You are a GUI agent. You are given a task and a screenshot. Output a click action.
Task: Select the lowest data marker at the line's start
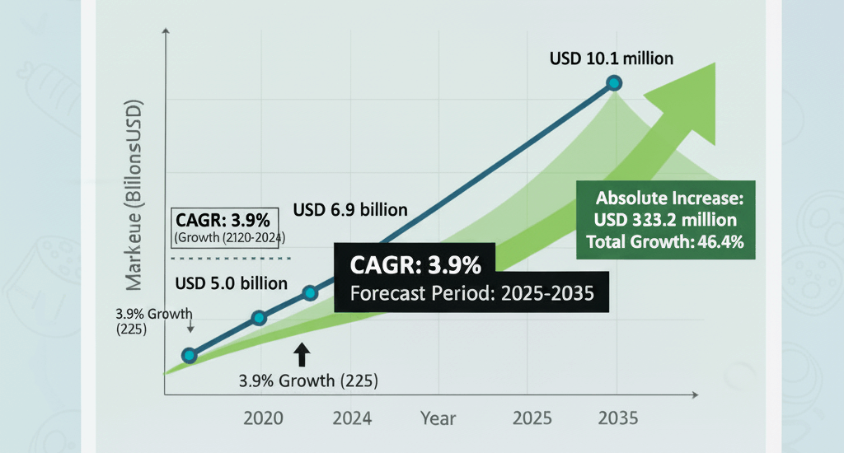pyautogui.click(x=190, y=355)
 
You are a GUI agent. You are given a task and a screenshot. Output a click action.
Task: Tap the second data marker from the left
pyautogui.click(x=259, y=318)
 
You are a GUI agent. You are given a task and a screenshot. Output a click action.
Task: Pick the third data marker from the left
pyautogui.click(x=310, y=292)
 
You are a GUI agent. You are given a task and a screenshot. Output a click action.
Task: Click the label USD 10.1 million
pyautogui.click(x=612, y=58)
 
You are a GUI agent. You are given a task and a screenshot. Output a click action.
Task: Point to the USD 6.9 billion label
pyautogui.click(x=350, y=209)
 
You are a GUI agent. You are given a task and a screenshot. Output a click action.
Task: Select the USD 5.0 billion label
pyautogui.click(x=232, y=283)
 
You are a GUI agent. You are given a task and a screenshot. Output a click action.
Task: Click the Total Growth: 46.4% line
pyautogui.click(x=665, y=242)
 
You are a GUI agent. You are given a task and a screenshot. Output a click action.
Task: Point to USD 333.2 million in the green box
pyautogui.click(x=665, y=220)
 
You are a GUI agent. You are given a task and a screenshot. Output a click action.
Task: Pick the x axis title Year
pyautogui.click(x=438, y=418)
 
